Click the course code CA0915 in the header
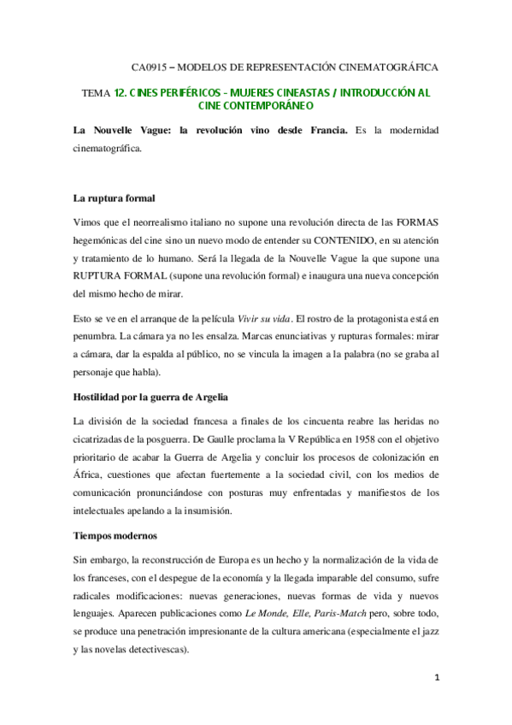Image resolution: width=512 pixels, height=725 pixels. tap(150, 66)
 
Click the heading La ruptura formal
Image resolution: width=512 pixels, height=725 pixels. tap(115, 198)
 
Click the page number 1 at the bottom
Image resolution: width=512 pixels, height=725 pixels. tap(436, 678)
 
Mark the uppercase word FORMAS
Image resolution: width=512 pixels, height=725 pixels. tap(417, 221)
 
